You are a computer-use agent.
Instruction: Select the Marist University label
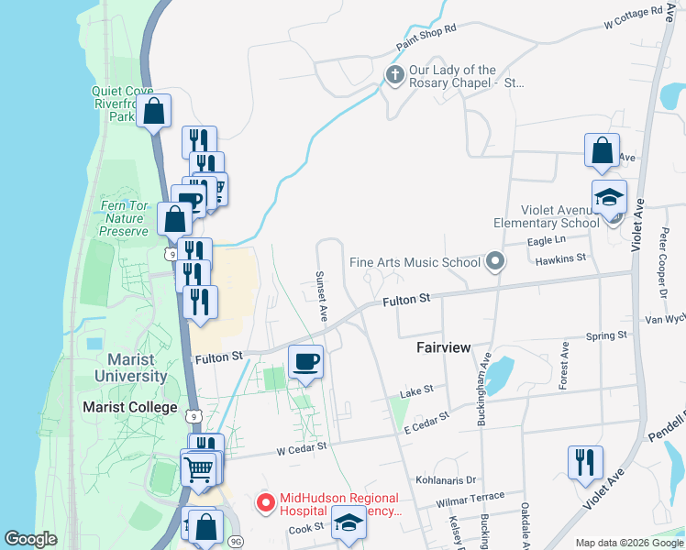point(138,368)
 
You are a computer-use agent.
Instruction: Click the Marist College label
point(129,407)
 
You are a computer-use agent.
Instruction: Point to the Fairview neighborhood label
point(443,348)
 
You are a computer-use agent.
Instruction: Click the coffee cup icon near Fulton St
point(305,360)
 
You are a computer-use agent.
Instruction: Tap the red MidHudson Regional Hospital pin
point(266,502)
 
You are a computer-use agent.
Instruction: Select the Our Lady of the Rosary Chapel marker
point(395,75)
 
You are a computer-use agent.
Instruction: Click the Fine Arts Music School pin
point(496,263)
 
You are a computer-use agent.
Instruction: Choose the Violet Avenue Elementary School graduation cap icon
point(608,198)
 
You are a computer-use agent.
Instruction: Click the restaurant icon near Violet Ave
point(584,462)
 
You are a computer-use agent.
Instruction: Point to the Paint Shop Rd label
point(426,38)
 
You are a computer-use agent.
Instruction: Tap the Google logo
point(30,539)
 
